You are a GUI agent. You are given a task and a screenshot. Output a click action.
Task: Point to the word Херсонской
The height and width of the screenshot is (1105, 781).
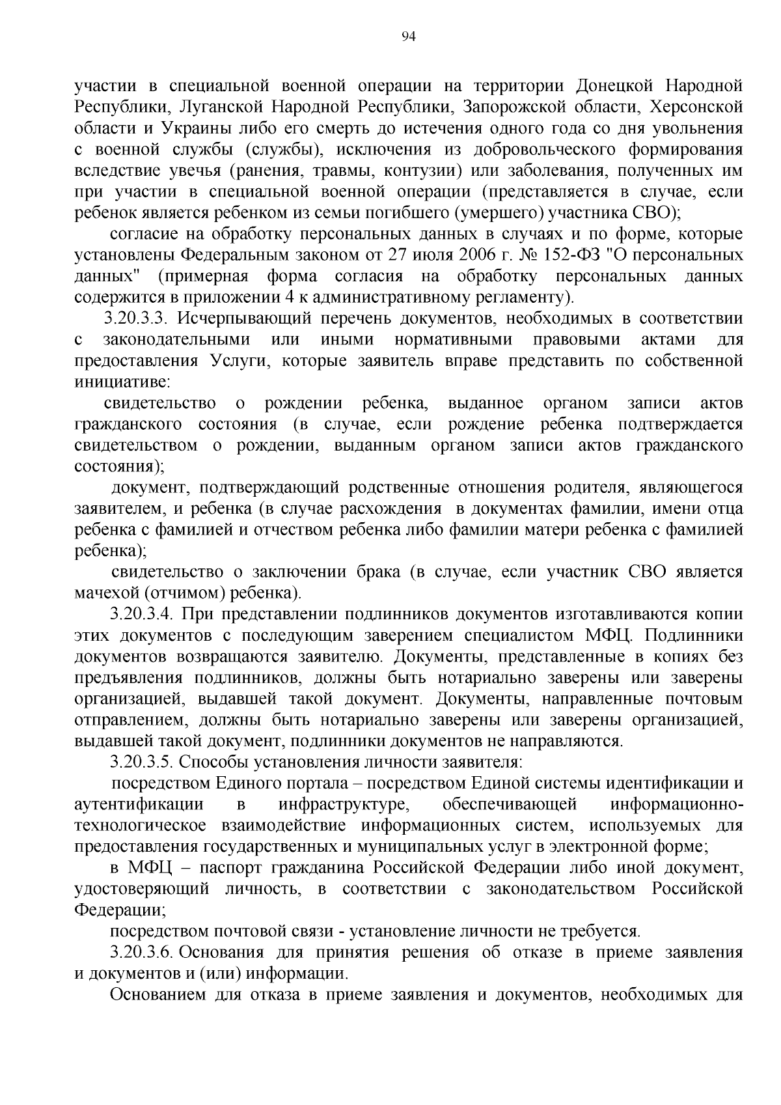click(x=698, y=107)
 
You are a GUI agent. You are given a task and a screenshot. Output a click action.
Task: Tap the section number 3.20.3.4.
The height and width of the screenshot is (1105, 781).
click(x=141, y=613)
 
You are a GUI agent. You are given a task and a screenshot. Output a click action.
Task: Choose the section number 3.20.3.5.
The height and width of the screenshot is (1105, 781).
click(x=141, y=761)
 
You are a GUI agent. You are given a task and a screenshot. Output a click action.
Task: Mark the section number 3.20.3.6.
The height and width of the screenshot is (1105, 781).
click(x=141, y=952)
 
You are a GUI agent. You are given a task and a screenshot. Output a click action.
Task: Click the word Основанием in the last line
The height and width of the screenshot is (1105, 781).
click(x=158, y=994)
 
